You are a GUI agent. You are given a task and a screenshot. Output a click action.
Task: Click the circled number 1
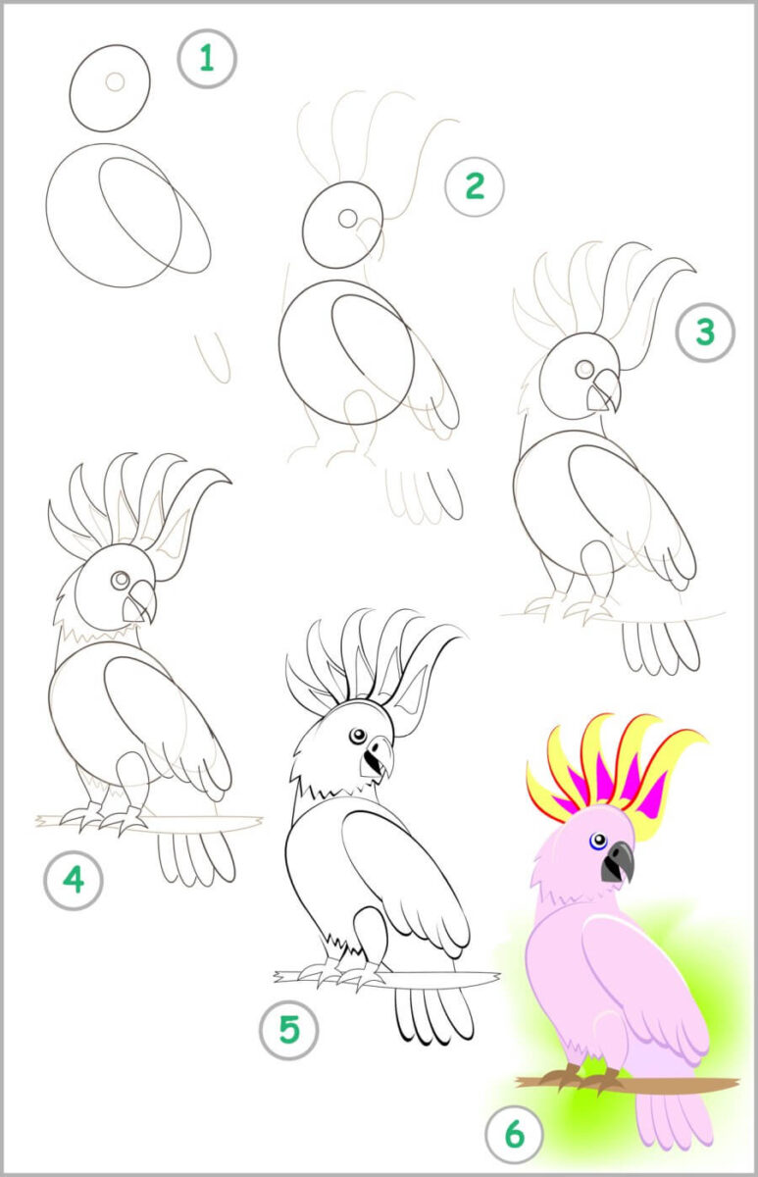pyautogui.click(x=207, y=58)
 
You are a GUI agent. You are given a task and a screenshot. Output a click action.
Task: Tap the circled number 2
pyautogui.click(x=475, y=186)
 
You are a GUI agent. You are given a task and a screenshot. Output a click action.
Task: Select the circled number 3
pyautogui.click(x=705, y=332)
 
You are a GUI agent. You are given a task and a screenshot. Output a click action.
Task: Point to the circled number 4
pyautogui.click(x=74, y=880)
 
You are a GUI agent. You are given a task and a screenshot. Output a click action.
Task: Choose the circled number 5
pyautogui.click(x=289, y=1029)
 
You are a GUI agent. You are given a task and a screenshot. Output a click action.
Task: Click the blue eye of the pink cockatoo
pyautogui.click(x=598, y=842)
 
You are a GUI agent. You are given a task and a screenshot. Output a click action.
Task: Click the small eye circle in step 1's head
pyautogui.click(x=115, y=81)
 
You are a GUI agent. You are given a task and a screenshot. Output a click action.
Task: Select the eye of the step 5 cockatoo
pyautogui.click(x=358, y=736)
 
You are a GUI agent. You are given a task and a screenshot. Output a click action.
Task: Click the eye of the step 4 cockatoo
pyautogui.click(x=121, y=580)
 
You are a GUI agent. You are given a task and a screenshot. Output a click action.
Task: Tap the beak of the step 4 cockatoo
pyautogui.click(x=139, y=602)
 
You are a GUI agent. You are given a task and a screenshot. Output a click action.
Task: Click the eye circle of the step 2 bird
pyautogui.click(x=347, y=218)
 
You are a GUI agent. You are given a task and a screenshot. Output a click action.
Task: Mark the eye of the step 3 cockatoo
pyautogui.click(x=584, y=369)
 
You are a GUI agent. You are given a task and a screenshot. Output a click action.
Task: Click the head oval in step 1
pyautogui.click(x=110, y=87)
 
